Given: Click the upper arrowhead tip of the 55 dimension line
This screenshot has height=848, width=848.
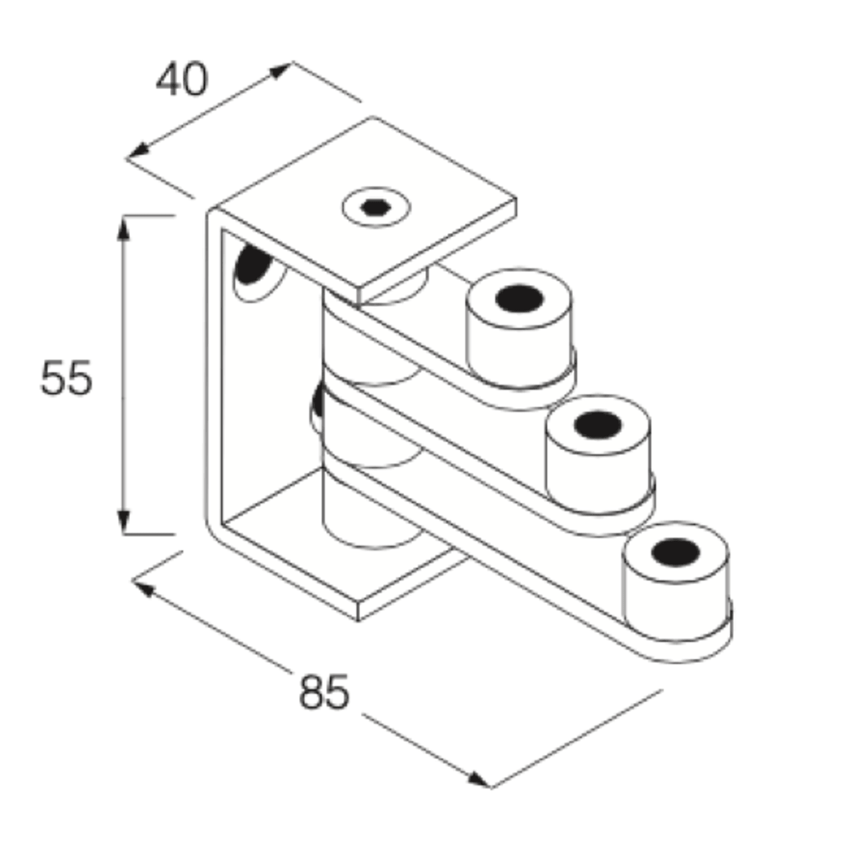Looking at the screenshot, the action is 123,217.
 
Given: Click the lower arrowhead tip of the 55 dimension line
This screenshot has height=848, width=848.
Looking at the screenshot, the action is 123,534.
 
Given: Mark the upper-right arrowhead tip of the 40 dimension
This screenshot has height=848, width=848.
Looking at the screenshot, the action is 292,63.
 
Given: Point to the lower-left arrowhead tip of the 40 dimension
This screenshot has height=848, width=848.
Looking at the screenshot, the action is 126,158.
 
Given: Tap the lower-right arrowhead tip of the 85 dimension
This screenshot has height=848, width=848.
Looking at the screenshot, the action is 491,787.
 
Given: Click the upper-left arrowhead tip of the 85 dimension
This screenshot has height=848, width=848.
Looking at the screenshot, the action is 133,581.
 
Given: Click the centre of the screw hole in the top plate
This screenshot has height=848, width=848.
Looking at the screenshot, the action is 375,207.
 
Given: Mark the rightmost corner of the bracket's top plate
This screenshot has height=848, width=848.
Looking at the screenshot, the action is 516,199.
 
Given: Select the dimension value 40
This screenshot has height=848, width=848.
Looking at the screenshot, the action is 182,79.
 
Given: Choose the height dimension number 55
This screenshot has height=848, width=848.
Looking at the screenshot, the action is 66,377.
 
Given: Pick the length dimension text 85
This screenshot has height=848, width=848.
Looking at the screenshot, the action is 324,692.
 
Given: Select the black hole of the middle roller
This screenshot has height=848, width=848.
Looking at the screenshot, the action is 598,425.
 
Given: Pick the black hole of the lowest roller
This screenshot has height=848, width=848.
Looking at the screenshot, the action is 675,552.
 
